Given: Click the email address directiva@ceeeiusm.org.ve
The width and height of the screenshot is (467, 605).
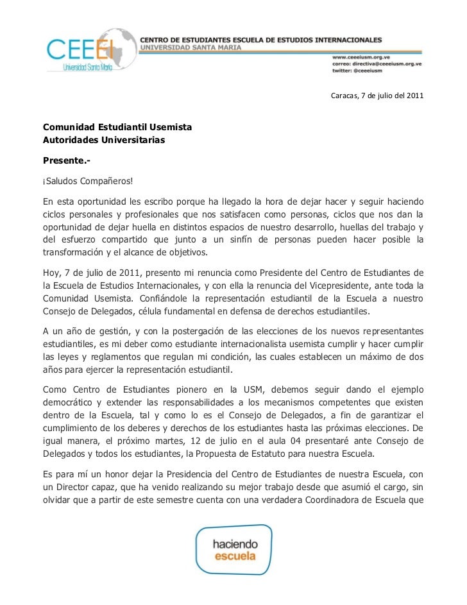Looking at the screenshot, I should point(377,64).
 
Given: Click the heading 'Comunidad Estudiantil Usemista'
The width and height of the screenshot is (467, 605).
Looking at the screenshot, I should point(117,127).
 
